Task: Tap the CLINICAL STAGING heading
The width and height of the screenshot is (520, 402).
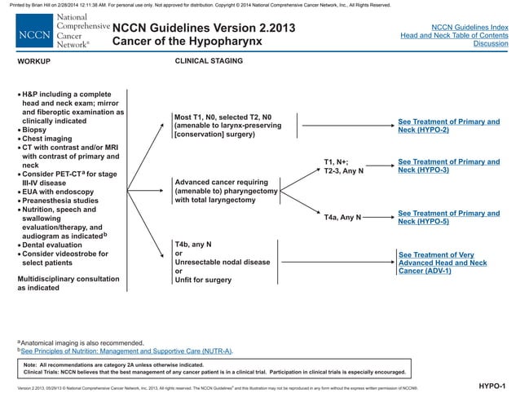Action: [209, 61]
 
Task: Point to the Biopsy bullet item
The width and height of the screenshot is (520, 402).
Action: [37, 130]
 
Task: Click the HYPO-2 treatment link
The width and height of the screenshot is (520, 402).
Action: [448, 126]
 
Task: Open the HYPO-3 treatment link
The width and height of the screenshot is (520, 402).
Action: [448, 166]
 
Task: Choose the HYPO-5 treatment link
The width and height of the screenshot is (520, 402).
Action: [448, 217]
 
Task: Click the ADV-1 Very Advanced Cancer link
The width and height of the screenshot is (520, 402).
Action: [442, 263]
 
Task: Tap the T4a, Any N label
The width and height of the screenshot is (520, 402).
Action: [343, 219]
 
